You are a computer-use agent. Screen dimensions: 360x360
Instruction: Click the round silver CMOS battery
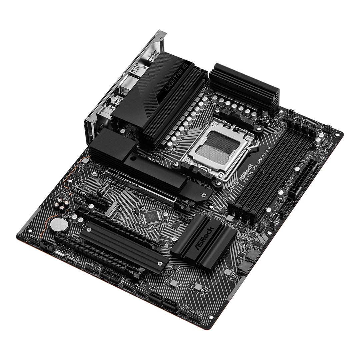pyautogui.click(x=59, y=225)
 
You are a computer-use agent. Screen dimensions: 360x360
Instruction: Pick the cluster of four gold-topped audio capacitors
pyautogui.click(x=62, y=204)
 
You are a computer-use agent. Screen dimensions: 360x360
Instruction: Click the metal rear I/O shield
pyautogui.click(x=123, y=83)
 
